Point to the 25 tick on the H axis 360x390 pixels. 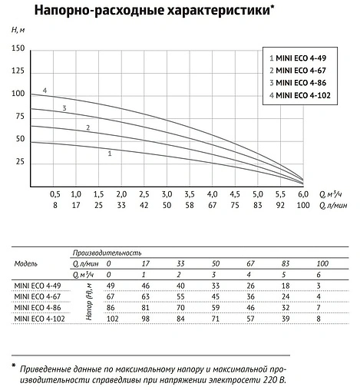[x=20, y=163]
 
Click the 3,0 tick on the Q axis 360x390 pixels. [x=167, y=195]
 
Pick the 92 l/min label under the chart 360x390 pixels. [x=280, y=206]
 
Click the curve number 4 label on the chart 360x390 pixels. [x=45, y=91]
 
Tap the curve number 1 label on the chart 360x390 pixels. [x=111, y=154]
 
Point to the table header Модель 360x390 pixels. [x=26, y=263]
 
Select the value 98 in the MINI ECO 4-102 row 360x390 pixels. [x=146, y=318]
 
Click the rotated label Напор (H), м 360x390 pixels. [x=90, y=302]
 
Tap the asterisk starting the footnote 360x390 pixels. [x=14, y=365]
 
